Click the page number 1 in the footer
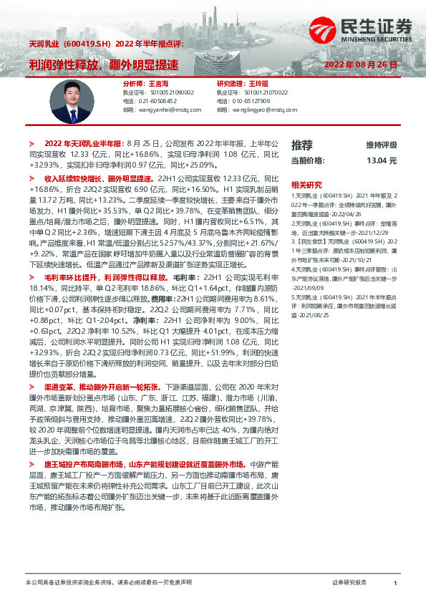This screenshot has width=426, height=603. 394,584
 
